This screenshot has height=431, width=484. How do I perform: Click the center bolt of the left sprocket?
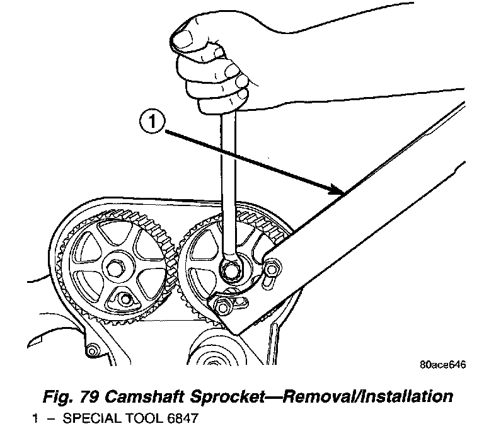click(x=118, y=268)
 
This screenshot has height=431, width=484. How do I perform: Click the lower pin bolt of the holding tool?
click(x=221, y=307)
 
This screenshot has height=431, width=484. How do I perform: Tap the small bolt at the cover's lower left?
click(x=93, y=350)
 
